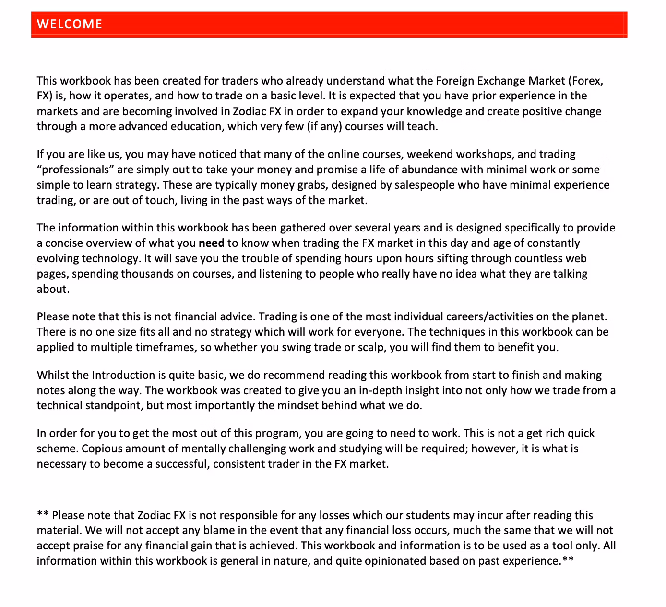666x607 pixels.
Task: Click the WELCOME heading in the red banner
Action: coord(69,24)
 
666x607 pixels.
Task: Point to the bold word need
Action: coord(212,243)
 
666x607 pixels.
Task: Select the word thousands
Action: coord(155,274)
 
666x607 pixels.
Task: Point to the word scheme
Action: coord(56,449)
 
